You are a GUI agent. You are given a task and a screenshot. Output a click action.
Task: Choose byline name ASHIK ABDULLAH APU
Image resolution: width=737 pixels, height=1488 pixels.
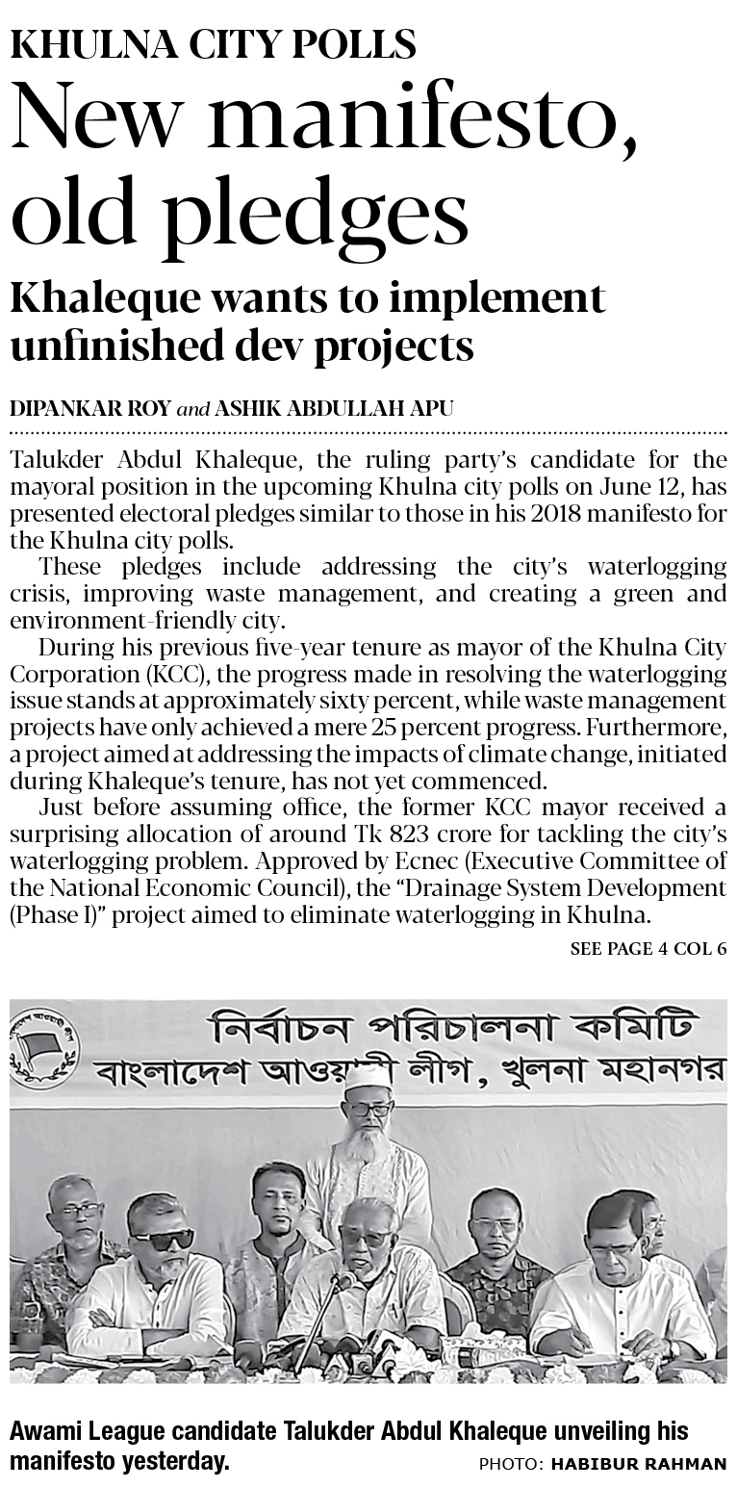click(x=334, y=409)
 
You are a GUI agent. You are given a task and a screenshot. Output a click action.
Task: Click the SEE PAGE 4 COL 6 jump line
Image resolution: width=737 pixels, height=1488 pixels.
click(x=648, y=949)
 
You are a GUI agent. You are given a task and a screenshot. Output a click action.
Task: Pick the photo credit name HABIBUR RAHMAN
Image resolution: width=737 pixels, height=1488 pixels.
click(x=639, y=1464)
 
